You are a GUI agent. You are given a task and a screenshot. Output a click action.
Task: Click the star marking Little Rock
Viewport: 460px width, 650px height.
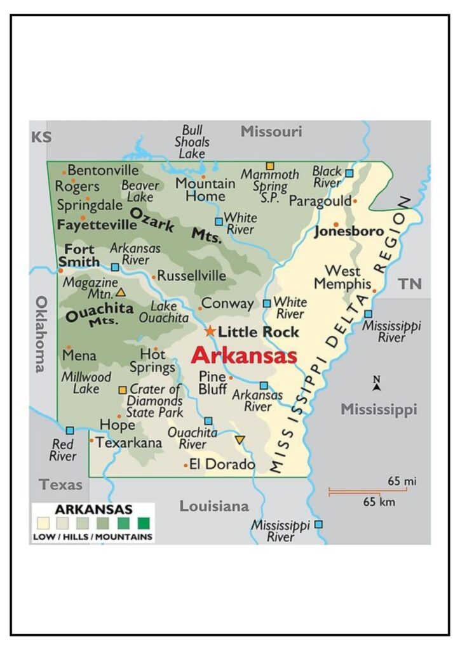210,331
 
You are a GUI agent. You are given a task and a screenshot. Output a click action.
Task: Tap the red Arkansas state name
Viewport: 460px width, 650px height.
244,355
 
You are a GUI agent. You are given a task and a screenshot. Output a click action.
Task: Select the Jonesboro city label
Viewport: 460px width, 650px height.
349,232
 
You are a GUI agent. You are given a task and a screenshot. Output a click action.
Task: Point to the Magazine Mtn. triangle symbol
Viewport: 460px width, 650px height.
121,293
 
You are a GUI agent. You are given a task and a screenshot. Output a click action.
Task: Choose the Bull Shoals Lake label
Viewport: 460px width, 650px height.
192,142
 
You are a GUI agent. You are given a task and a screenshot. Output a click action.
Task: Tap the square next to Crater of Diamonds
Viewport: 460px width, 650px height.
123,390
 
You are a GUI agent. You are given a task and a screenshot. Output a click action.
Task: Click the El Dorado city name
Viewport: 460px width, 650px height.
222,465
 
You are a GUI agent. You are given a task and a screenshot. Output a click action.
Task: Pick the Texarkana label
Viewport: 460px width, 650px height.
129,442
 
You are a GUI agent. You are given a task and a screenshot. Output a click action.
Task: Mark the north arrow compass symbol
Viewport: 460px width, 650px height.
377,383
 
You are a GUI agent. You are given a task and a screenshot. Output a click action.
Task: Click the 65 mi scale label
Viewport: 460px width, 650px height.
402,482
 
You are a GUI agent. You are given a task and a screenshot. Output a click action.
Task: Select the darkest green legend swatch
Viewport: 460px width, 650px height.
144,524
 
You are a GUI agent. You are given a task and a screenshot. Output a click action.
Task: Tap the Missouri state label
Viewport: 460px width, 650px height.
271,132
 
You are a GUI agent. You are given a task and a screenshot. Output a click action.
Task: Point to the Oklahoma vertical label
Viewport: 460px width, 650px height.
41,334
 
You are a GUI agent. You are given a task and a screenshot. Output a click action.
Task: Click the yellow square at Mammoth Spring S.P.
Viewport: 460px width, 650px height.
270,166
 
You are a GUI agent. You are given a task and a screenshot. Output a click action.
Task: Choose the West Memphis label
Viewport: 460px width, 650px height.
342,277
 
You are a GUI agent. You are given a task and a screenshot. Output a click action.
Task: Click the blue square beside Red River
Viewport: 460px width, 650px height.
70,430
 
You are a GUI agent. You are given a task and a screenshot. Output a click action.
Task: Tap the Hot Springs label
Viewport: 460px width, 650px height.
152,361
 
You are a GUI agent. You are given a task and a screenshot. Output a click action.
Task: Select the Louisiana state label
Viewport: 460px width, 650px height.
214,507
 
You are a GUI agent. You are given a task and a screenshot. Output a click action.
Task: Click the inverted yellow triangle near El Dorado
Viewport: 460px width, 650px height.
240,439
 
